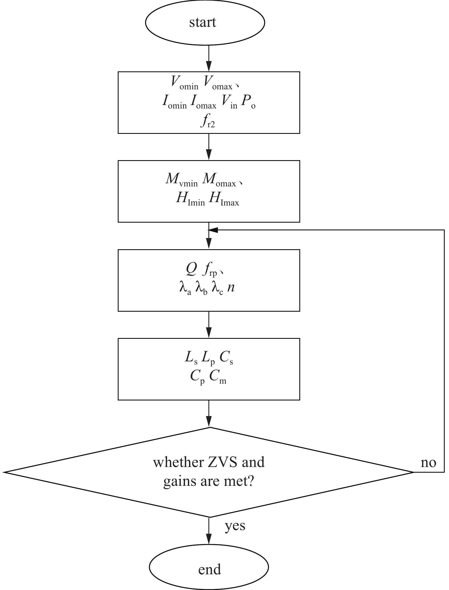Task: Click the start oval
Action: click(205, 23)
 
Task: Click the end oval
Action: click(209, 569)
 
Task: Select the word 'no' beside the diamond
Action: click(428, 462)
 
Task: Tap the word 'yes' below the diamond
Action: click(235, 526)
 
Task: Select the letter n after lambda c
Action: click(231, 287)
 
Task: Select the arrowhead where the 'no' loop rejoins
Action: click(213, 230)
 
